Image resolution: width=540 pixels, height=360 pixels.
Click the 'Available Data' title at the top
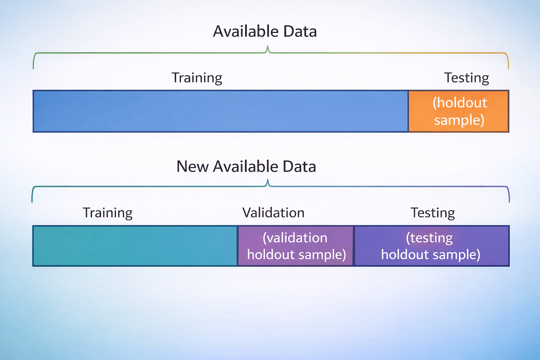(265, 32)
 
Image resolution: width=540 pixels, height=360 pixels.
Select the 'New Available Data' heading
(246, 167)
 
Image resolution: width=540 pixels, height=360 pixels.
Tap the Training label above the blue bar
(197, 78)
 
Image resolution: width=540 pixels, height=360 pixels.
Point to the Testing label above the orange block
(467, 78)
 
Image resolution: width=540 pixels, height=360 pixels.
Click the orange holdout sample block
(458, 111)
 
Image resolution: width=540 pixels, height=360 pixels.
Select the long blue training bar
(220, 111)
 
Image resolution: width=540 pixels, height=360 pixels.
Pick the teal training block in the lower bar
(135, 246)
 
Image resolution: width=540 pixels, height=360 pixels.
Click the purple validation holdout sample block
(296, 246)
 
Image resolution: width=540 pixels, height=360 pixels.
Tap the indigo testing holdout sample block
(431, 246)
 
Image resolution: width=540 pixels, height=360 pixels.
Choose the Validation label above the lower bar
(273, 213)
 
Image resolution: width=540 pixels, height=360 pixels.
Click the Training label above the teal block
(107, 213)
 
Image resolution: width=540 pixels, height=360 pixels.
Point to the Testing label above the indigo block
(432, 213)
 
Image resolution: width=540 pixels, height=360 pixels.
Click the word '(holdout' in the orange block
(459, 103)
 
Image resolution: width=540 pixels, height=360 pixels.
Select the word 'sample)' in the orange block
(459, 120)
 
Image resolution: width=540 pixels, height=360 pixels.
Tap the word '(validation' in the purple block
(295, 238)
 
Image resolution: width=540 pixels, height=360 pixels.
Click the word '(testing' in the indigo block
(429, 238)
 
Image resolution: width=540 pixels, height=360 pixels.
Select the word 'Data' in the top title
(300, 32)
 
